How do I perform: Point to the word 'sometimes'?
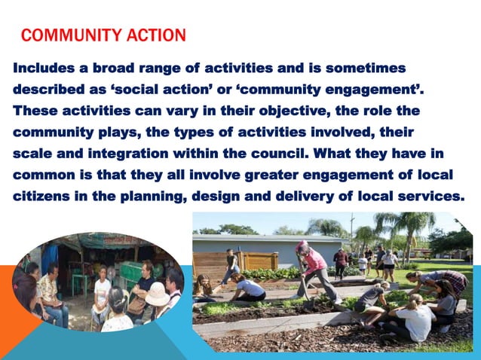pyautogui.click(x=372, y=69)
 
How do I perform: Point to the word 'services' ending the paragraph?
pyautogui.click(x=433, y=196)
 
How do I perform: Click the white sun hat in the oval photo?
pyautogui.click(x=158, y=294)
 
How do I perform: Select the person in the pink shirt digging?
pyautogui.click(x=313, y=267)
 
